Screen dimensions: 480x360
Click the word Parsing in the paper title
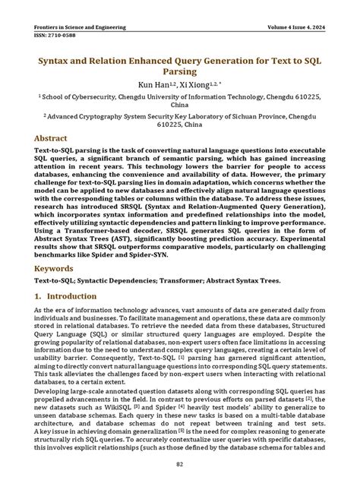(x=180, y=72)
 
